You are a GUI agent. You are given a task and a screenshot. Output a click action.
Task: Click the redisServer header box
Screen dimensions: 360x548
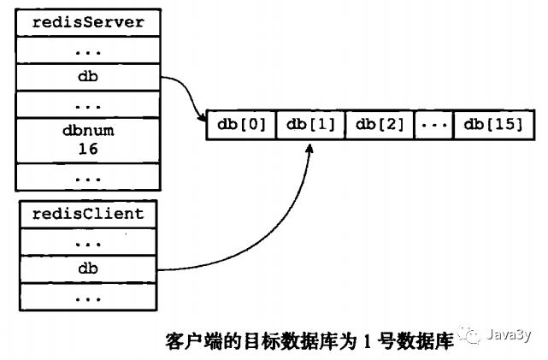pos(87,21)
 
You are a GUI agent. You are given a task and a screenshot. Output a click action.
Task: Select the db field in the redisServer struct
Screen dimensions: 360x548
pos(87,77)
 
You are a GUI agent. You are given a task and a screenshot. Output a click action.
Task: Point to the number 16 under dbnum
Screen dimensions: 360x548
pos(87,148)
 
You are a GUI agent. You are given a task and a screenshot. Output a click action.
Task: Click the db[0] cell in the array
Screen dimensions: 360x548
pos(241,125)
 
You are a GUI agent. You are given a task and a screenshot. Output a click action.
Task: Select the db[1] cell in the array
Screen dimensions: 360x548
pos(310,125)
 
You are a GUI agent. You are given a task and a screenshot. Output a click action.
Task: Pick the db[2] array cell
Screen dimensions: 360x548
pos(380,125)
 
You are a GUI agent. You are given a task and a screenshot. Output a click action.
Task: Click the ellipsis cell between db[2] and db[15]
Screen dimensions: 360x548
pos(433,125)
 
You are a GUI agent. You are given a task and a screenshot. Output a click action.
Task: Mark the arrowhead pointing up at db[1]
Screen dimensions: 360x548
pos(310,147)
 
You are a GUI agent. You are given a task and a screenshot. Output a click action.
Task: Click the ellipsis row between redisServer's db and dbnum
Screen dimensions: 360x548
pos(87,105)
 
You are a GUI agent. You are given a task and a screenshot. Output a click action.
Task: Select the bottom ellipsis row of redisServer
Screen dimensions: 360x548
pos(87,177)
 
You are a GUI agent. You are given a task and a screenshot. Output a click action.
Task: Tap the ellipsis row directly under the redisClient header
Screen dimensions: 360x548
pos(87,242)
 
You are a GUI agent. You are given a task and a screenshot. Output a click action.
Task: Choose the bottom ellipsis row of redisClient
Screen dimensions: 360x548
pos(87,298)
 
